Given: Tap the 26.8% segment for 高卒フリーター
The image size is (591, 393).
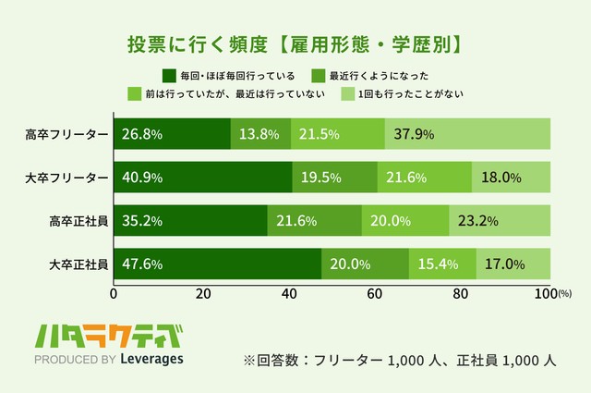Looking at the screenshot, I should point(172,134).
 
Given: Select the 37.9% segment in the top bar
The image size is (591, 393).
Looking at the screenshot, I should point(467,134).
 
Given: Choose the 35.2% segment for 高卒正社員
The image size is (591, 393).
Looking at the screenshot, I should point(190,221).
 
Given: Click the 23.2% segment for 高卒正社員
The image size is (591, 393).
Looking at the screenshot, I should point(500,221).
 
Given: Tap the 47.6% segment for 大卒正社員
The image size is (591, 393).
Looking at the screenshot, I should point(217,264).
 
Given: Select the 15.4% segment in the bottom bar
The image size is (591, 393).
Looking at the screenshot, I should point(442,264).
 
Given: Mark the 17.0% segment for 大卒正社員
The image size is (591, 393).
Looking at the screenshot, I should point(513,264).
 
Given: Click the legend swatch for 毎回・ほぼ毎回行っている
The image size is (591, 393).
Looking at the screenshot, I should point(168,75).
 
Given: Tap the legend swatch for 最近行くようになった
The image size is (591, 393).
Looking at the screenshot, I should point(317,75).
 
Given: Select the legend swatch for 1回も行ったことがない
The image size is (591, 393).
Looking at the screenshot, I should point(348,93).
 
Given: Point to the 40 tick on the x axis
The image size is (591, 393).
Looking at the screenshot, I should point(288,293).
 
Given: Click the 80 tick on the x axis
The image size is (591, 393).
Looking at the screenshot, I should point(463,293).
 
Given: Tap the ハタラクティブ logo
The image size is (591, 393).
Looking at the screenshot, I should point(107,335).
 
